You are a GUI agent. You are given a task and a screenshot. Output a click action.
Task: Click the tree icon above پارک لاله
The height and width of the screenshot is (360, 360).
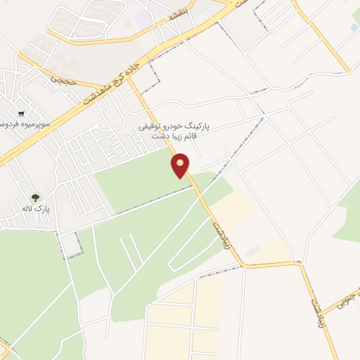tap(35, 198)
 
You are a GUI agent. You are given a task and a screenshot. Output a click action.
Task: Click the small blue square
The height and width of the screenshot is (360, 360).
tap(354, 27)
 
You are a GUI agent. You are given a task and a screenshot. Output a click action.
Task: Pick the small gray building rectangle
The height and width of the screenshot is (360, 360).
tap(252, 250)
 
